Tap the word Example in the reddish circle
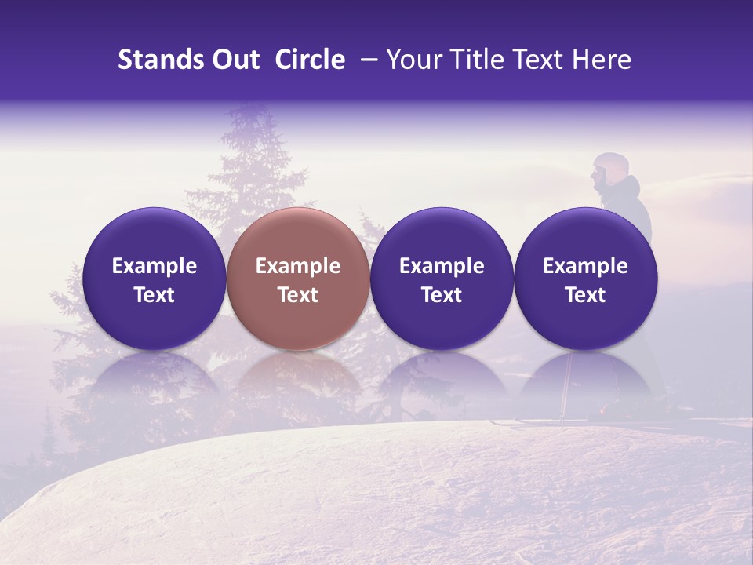[298, 266]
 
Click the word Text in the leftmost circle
[154, 295]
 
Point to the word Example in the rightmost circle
[585, 266]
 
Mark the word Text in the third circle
[442, 295]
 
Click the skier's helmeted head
[609, 169]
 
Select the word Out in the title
[236, 60]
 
